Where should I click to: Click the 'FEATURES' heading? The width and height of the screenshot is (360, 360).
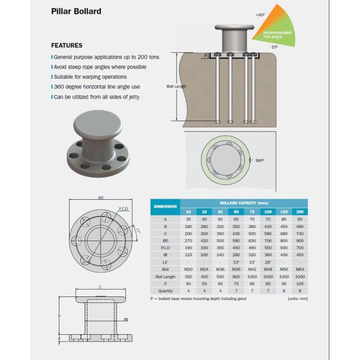67,46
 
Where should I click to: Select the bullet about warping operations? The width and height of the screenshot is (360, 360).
91,77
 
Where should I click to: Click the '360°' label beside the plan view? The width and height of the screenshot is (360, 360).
259,161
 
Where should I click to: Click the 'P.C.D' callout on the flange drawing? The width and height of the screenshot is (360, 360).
124,208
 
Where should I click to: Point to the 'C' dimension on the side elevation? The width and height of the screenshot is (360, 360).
100,287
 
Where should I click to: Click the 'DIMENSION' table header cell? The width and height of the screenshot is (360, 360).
165,206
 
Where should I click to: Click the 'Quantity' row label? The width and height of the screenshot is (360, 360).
165,291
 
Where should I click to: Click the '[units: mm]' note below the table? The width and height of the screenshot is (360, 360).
297,298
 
